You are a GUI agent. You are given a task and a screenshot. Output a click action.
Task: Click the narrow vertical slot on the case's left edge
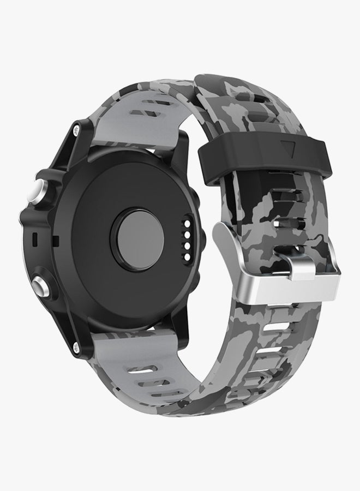(x=34, y=239)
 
